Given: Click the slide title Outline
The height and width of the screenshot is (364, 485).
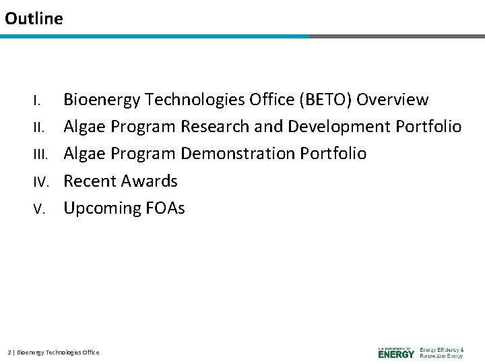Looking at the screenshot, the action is coord(34,18).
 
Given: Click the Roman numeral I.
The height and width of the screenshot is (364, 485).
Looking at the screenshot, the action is coord(37,100).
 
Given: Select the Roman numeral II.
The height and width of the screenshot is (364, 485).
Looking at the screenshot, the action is coord(39,127).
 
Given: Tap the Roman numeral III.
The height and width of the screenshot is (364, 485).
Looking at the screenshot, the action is coord(41,154).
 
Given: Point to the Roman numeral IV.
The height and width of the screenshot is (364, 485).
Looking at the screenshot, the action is coord(42,182).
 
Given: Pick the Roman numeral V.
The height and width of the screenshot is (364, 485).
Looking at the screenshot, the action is coord(39,209).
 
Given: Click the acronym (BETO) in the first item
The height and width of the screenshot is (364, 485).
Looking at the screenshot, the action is coord(325,100).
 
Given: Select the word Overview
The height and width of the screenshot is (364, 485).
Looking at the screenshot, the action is coord(393,99).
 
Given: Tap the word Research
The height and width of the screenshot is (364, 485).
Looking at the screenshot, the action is coord(215,126).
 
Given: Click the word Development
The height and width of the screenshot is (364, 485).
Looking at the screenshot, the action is coord(339,127).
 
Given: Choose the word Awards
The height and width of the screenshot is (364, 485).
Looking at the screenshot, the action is coord(149,181).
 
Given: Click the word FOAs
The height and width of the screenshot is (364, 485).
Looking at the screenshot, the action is coord(165,208).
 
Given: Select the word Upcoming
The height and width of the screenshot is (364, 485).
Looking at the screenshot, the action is coord(102,208).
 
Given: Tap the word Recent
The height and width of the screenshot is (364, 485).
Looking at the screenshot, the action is coord(90,181).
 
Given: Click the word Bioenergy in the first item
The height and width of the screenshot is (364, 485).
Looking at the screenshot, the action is coord(102,100).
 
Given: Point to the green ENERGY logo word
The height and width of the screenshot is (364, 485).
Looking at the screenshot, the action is coord(396,354).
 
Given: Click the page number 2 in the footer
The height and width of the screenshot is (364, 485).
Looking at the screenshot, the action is coord(9,353).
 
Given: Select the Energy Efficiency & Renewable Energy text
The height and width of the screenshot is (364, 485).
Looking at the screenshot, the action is coord(442,353).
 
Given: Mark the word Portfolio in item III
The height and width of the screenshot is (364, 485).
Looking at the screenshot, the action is coord(333,153).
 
